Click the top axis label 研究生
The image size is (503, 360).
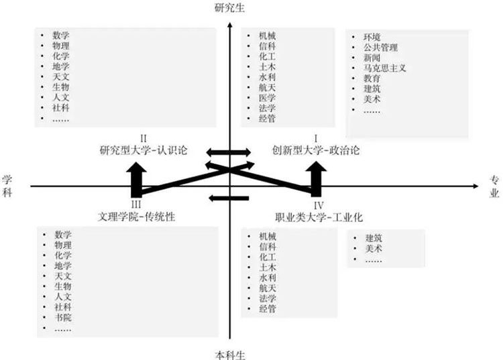(x=230, y=8)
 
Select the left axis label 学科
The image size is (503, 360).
(x=7, y=186)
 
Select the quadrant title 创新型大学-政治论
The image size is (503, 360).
(x=315, y=150)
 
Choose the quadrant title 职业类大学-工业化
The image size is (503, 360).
(x=319, y=217)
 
